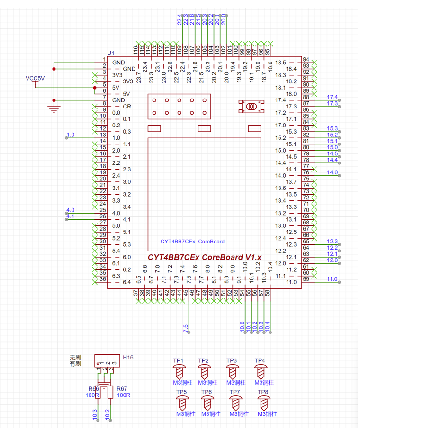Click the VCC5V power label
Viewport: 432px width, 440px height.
tap(35, 78)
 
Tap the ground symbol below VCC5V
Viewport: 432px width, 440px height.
tap(54, 109)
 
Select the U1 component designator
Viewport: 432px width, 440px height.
tap(111, 53)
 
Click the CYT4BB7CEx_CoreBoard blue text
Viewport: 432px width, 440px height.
tap(192, 242)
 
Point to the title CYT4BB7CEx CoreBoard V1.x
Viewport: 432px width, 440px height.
tap(205, 257)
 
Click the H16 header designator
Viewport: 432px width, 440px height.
tap(128, 358)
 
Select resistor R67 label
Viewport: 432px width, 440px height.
tap(122, 388)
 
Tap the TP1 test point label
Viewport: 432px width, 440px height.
tap(179, 361)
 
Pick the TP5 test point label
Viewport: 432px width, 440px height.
tap(181, 392)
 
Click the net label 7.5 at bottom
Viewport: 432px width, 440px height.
tap(186, 327)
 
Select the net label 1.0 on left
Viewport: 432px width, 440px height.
tap(71, 135)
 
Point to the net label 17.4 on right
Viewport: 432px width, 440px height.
tap(333, 97)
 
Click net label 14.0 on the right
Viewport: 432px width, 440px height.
tap(333, 172)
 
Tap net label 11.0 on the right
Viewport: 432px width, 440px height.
tap(333, 279)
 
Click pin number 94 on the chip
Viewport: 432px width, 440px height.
tap(306, 59)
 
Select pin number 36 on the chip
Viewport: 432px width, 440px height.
tap(102, 279)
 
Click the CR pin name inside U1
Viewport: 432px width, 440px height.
tap(127, 107)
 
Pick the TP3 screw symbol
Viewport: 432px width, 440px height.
tap(232, 372)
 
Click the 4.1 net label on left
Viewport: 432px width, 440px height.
tap(71, 216)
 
